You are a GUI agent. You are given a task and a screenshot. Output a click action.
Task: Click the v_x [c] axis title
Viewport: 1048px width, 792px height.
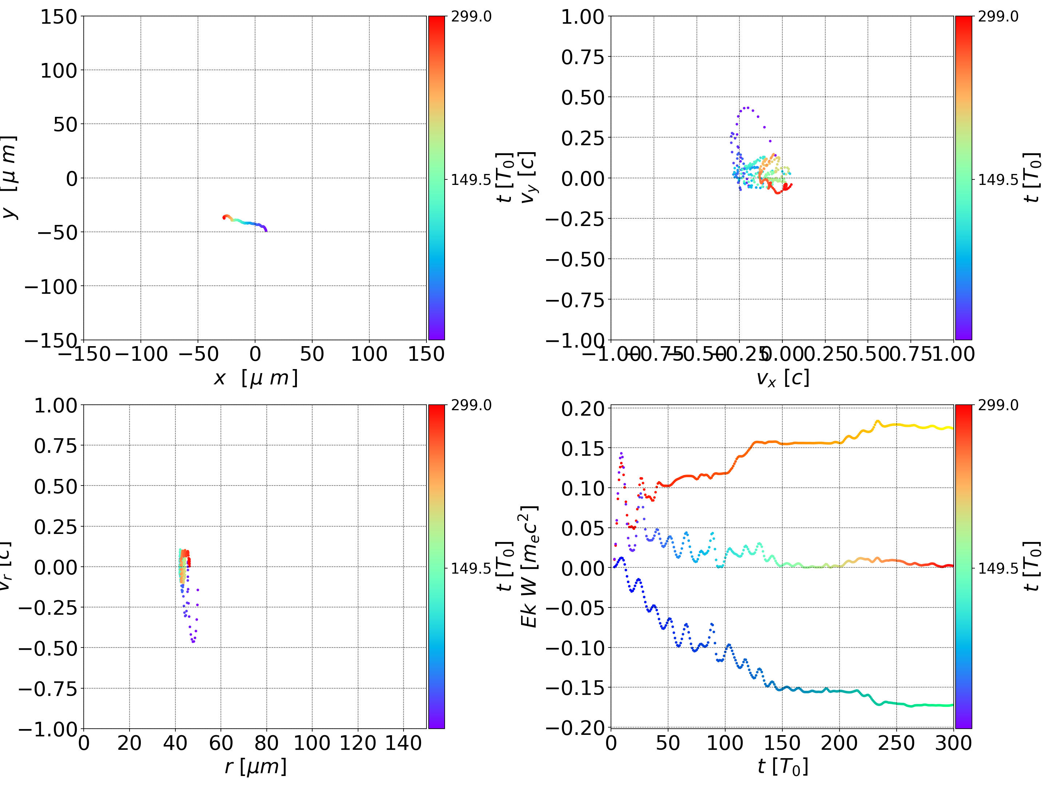coord(782,378)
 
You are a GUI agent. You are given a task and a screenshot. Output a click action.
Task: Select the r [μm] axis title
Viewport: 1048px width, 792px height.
coord(255,767)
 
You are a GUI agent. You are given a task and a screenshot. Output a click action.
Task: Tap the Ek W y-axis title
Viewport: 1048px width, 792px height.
coord(529,566)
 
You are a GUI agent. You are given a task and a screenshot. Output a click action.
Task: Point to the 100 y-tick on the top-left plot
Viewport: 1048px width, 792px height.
coord(58,71)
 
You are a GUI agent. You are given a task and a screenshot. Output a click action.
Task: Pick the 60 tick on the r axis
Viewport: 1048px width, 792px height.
coord(221,743)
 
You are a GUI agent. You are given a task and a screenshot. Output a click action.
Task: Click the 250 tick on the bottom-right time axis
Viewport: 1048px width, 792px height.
coord(896,743)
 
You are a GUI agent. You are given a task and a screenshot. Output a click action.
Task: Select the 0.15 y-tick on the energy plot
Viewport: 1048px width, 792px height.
coord(583,448)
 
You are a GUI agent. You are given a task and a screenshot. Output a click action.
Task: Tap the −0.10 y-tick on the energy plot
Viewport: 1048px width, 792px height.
coord(576,648)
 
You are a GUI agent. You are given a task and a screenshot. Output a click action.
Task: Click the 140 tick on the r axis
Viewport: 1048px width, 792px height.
coord(403,743)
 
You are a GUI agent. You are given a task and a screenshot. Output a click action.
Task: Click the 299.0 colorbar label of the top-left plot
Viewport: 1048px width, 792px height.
coord(471,17)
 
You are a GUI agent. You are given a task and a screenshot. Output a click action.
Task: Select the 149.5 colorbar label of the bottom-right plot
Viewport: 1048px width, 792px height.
coord(998,568)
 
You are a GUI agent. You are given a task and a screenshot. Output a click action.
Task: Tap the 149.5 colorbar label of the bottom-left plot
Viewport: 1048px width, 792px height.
coord(471,568)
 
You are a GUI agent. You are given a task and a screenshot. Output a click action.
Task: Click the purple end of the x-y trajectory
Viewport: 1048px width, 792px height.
coord(266,230)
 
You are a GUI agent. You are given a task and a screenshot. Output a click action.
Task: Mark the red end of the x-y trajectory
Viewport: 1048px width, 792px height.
coord(224,218)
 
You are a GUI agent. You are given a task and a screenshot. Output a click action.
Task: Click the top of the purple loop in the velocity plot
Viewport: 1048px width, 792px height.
coord(746,108)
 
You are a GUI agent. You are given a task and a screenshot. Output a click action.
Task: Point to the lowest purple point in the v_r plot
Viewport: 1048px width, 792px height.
coord(193,642)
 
